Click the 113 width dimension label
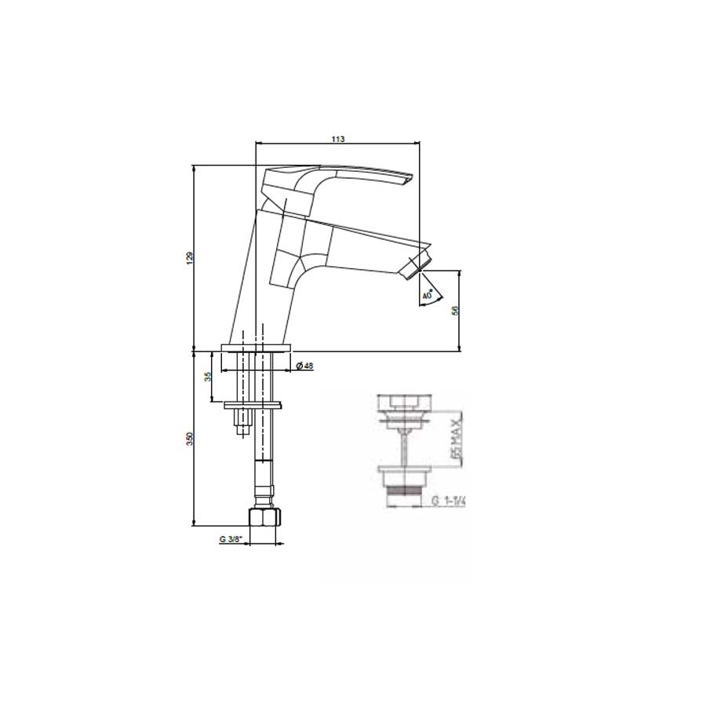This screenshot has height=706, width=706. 337,138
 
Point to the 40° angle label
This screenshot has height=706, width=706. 427,296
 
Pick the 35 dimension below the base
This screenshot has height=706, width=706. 207,377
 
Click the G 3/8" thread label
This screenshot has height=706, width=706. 230,540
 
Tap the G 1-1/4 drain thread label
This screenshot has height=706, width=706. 448,501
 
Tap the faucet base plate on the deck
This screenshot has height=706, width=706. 257,348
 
